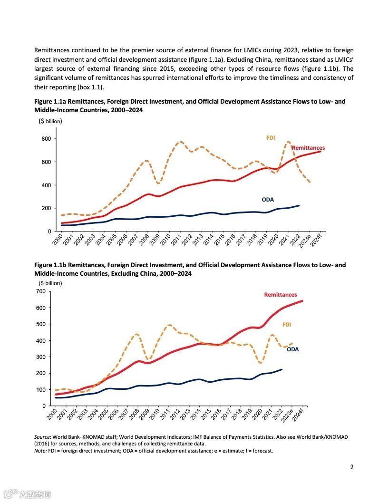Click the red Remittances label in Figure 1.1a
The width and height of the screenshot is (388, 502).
(x=308, y=148)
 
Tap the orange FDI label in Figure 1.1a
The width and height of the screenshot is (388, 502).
(x=271, y=138)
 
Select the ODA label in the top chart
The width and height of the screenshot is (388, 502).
(x=268, y=200)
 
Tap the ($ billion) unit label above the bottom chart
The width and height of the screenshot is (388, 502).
(x=50, y=283)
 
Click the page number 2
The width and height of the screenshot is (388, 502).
(x=352, y=467)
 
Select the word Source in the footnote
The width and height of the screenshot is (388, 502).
(x=42, y=436)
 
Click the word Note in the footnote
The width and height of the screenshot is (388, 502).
(x=40, y=451)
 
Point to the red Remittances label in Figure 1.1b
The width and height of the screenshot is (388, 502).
(x=281, y=295)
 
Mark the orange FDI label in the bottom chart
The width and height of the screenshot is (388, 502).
(x=287, y=325)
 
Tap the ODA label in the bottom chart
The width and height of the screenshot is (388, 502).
(x=293, y=349)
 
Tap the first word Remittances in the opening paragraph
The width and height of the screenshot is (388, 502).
(x=50, y=50)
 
